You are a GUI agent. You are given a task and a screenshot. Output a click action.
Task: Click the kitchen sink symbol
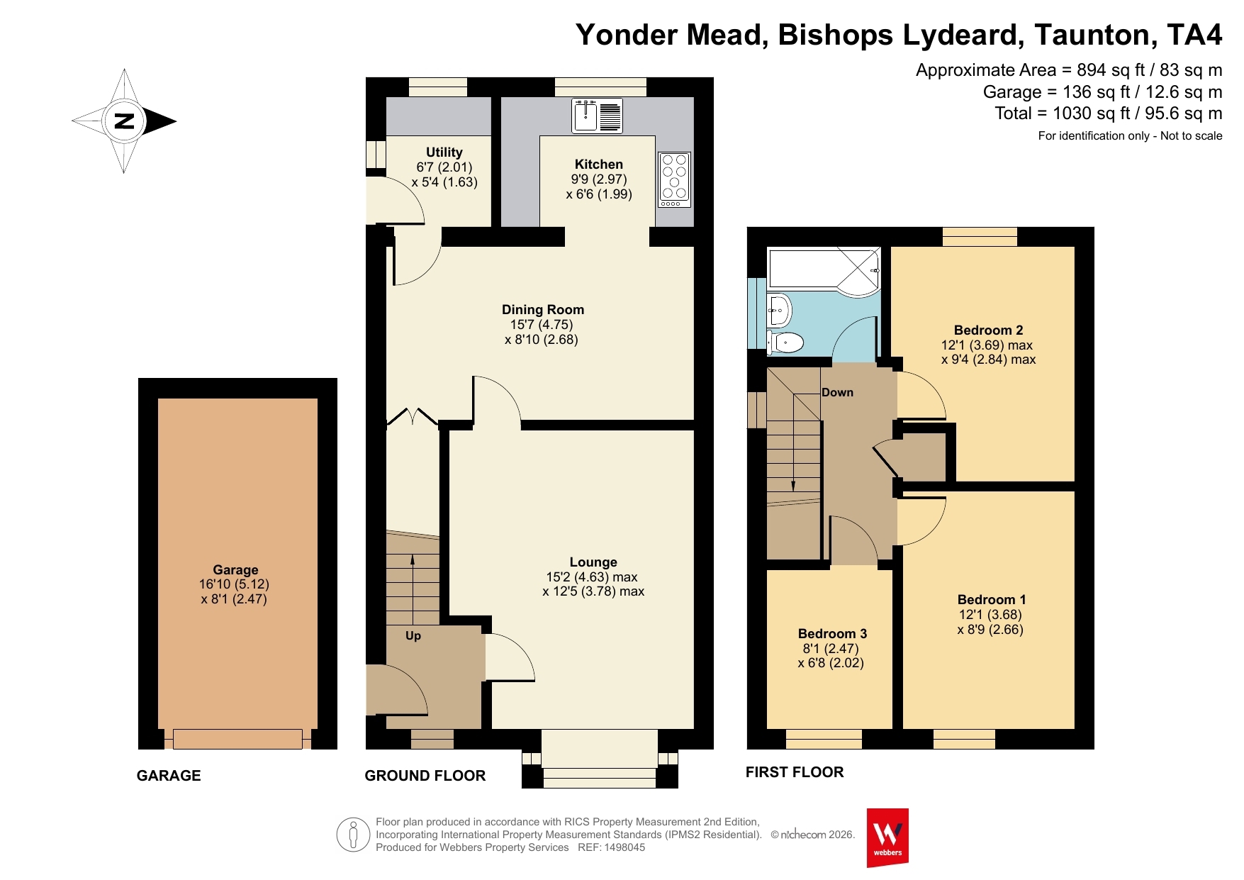click(597, 116)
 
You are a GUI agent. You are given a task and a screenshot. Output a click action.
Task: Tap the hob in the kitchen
click(674, 179)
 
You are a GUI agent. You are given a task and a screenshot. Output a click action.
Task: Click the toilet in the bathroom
click(785, 342)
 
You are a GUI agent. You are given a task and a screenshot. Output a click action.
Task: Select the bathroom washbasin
click(779, 310)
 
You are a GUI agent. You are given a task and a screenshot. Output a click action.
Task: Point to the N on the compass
click(124, 121)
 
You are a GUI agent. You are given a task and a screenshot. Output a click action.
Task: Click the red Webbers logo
click(887, 837)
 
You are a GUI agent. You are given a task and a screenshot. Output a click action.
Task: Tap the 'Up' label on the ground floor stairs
click(413, 635)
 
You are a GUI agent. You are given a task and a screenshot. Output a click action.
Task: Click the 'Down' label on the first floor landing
click(837, 392)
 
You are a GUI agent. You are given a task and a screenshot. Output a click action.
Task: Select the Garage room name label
click(235, 569)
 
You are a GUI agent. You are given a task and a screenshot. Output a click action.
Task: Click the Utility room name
click(444, 152)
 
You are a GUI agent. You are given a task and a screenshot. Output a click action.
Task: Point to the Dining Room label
click(543, 309)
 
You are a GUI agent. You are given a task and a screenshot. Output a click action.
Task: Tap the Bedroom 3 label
click(832, 633)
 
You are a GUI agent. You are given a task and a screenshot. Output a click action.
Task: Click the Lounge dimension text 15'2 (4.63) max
click(592, 577)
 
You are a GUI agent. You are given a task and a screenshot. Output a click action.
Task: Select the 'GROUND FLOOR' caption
click(425, 776)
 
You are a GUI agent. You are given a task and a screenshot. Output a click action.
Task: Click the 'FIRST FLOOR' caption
click(795, 772)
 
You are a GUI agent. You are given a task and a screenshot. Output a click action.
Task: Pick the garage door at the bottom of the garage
click(237, 739)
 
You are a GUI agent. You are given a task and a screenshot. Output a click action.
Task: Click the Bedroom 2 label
click(988, 330)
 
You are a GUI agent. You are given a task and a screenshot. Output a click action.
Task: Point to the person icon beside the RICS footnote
click(353, 835)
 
